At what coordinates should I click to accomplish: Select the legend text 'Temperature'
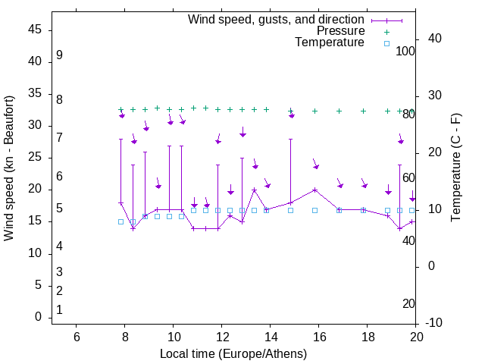pos(330,42)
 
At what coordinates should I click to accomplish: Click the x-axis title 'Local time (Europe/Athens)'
pos(233,354)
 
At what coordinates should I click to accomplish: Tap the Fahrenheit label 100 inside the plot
pos(405,52)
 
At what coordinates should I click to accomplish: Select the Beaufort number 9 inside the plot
pos(59,55)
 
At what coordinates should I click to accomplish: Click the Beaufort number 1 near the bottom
pos(59,310)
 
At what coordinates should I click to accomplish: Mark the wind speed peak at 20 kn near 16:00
pos(314,190)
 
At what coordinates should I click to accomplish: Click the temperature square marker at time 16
pos(314,210)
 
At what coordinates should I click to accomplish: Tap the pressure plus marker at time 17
pos(339,111)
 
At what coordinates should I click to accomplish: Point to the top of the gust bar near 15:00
pos(290,139)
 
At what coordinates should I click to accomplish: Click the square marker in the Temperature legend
pos(386,43)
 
